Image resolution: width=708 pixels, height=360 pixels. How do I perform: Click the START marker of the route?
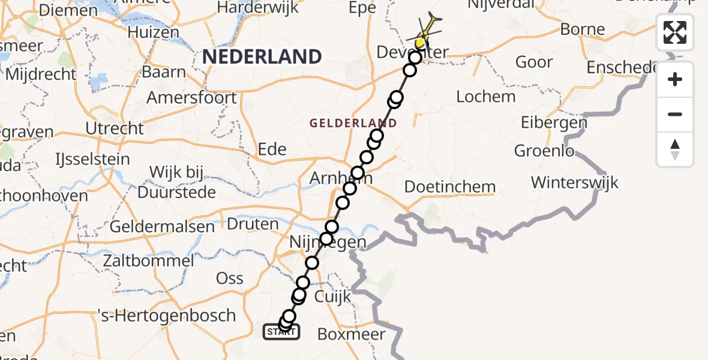click(x=281, y=331)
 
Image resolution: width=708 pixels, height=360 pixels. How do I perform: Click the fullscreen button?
click(x=675, y=32)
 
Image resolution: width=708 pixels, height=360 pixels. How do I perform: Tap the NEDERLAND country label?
click(x=262, y=57)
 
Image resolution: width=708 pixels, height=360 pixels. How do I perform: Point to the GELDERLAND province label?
click(x=353, y=124)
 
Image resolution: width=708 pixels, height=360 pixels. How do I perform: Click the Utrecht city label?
click(x=115, y=128)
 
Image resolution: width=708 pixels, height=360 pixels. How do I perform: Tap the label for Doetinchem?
click(x=450, y=187)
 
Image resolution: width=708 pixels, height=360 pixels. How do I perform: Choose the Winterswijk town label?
click(x=574, y=182)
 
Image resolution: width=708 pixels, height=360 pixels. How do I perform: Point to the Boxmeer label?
click(x=351, y=334)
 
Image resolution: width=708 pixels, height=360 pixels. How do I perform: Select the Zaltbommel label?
click(x=148, y=261)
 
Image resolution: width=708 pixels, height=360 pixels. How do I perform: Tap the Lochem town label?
click(x=486, y=97)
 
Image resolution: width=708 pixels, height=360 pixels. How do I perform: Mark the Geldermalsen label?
click(x=162, y=227)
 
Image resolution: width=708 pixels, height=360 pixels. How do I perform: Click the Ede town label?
click(x=272, y=149)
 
